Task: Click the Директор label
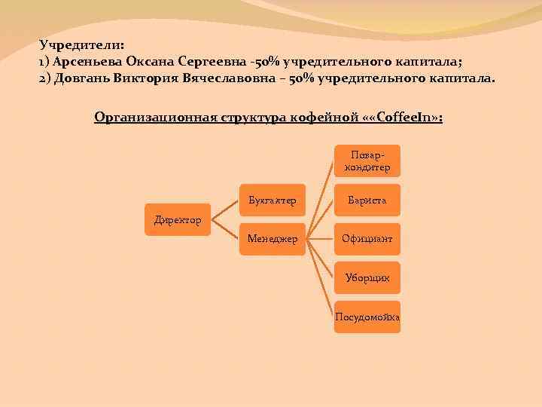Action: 178,220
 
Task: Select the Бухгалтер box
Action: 272,201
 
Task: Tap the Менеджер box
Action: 272,239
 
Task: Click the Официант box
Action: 367,239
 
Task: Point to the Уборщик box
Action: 367,278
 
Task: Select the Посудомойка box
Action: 367,317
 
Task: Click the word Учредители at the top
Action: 81,45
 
